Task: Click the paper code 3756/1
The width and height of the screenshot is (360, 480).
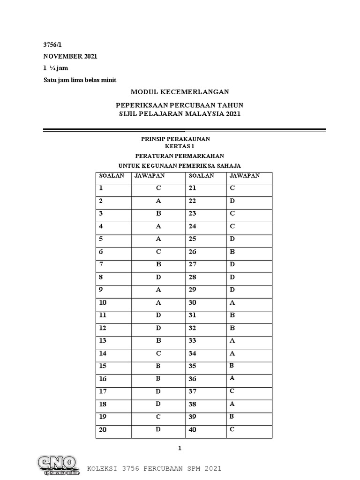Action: pyautogui.click(x=52, y=45)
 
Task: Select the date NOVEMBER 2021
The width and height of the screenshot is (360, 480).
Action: pyautogui.click(x=70, y=56)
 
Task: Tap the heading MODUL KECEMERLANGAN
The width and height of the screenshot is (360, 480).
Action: pyautogui.click(x=180, y=92)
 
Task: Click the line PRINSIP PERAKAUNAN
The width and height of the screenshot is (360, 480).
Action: pyautogui.click(x=176, y=139)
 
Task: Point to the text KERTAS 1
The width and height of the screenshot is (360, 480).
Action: pyautogui.click(x=176, y=146)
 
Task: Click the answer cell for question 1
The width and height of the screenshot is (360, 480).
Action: pyautogui.click(x=158, y=188)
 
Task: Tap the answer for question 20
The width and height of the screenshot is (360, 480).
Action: pyautogui.click(x=158, y=429)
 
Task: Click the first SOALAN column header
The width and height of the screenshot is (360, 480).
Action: pyautogui.click(x=111, y=176)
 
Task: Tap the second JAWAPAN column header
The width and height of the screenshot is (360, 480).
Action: pyautogui.click(x=244, y=176)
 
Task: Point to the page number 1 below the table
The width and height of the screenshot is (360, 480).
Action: pyautogui.click(x=180, y=449)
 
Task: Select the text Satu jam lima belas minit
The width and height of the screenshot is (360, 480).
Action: pyautogui.click(x=80, y=80)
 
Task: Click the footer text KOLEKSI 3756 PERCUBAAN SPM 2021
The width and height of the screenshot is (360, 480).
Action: pyautogui.click(x=155, y=469)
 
